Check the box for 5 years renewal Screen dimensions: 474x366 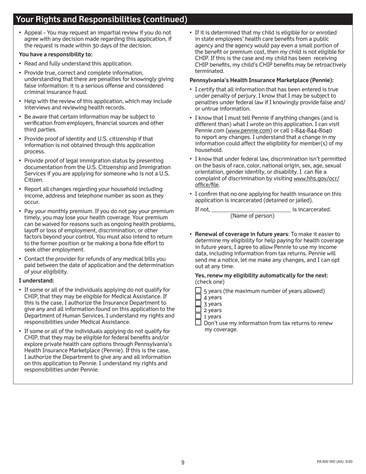pos(198,290)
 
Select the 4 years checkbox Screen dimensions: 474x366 pos(198,297)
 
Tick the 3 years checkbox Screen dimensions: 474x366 pos(198,303)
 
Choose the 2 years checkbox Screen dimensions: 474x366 pos(198,309)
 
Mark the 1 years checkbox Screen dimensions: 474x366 pos(198,316)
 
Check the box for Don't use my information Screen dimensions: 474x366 pos(198,323)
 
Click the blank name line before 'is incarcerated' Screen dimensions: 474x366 pos(251,209)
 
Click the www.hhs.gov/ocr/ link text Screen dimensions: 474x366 pos(316,178)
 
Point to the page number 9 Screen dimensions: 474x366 pos(183,462)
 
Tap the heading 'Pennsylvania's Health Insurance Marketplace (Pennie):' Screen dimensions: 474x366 pos(262,80)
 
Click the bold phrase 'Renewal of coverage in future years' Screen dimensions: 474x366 pos(242,234)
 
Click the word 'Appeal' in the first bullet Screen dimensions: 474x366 pos(34,33)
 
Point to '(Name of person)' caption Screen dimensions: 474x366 pos(252,216)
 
